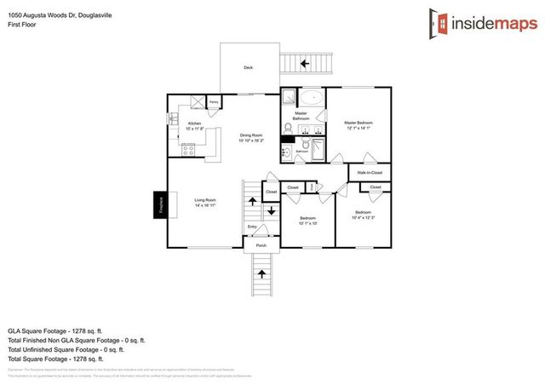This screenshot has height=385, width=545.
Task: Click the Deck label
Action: coord(248,67)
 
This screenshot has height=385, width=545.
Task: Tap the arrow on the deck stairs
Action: coord(304,63)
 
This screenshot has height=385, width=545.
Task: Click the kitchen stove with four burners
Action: coord(189,151)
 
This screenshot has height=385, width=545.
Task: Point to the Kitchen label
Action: coord(194,124)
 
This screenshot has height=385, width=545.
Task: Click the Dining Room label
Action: coord(251,135)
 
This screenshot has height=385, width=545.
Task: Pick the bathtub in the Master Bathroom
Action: coord(313,96)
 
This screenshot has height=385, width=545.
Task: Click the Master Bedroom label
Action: coord(359,123)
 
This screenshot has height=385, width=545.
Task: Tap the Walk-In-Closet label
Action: coord(370,173)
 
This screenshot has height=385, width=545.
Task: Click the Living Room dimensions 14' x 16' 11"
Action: coord(204,205)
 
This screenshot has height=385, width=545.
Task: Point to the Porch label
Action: coord(261,245)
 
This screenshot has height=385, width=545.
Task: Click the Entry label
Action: coord(252,227)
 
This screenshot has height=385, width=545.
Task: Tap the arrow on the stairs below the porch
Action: coord(262,274)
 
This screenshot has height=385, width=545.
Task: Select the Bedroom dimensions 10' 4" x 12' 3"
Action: coord(363,216)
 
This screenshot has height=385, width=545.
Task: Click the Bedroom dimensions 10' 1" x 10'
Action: coord(307,224)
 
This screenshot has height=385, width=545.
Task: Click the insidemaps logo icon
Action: coord(439,23)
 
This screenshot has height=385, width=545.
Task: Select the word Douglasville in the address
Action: coord(92,15)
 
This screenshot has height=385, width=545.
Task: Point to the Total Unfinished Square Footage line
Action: coord(66,349)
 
